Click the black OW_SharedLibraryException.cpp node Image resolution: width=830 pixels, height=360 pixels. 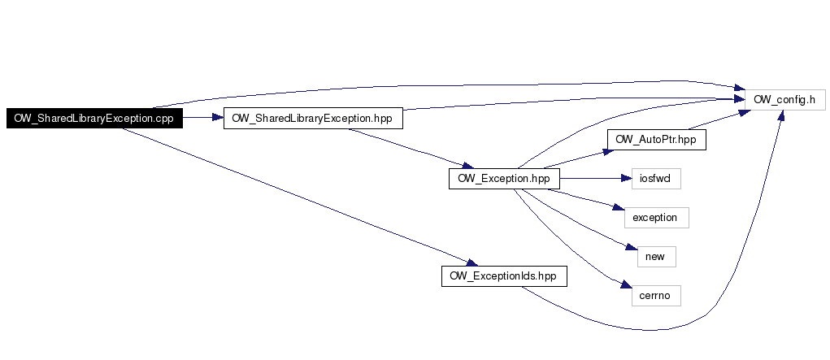94,118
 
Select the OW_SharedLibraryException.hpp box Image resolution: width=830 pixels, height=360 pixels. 312,118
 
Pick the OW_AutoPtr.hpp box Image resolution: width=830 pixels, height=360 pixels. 656,139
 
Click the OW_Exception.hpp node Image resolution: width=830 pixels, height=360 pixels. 504,178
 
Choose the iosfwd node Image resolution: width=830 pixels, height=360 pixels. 655,178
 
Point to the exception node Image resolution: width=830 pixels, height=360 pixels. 656,217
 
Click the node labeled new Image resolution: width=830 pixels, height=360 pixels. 655,256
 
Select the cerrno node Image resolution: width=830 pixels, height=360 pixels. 655,295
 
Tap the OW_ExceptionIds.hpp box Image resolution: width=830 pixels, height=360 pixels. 504,275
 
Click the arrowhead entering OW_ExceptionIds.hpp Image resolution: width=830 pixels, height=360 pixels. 471,262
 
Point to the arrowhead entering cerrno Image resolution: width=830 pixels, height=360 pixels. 624,286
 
